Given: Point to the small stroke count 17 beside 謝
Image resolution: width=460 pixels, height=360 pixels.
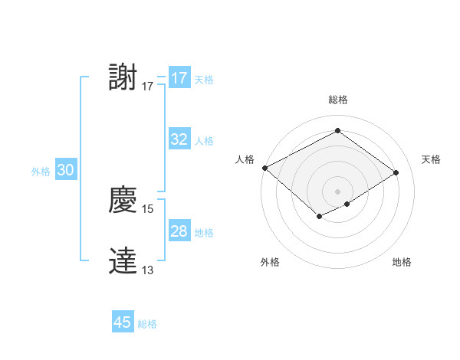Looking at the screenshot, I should [x=148, y=87].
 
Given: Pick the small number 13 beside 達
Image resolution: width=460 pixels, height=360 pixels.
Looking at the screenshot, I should [x=148, y=270].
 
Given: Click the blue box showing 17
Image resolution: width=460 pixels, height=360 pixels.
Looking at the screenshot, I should [x=179, y=78].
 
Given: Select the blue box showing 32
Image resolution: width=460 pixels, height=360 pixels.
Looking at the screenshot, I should [x=179, y=139].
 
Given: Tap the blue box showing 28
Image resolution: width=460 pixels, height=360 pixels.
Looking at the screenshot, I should [x=179, y=231].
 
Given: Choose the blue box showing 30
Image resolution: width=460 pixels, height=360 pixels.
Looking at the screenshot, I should [x=65, y=171].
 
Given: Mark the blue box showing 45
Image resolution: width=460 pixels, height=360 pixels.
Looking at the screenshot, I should [x=123, y=322].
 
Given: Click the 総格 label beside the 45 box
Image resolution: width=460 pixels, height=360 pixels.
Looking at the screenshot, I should [x=147, y=324].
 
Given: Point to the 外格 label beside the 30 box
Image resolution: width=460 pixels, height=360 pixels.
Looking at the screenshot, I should [x=41, y=172].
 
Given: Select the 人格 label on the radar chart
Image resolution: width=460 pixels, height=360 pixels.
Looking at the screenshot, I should [x=245, y=159].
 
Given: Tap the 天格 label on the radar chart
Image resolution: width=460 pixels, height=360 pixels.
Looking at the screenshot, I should [x=431, y=159].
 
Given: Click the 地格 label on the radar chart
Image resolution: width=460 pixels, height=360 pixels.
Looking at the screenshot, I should [x=402, y=262].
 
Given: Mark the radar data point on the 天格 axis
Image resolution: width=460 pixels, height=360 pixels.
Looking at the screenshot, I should [x=396, y=172].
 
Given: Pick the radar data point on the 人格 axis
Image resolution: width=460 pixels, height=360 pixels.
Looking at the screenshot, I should [x=264, y=168].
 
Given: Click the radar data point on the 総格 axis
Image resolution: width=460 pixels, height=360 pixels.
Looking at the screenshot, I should [x=337, y=130].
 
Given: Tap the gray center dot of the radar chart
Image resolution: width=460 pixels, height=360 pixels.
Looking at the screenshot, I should [x=337, y=191].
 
